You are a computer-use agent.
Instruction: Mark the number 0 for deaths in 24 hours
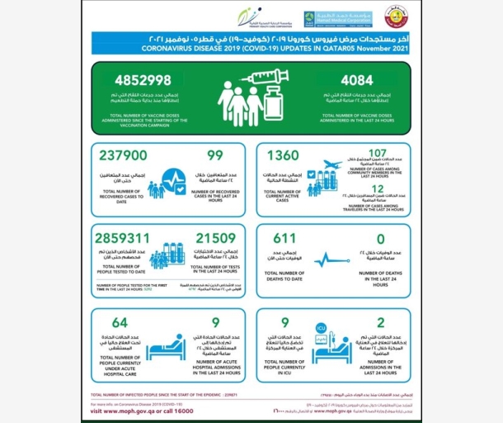pyautogui.click(x=382, y=237)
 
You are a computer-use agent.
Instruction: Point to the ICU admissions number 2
pyautogui.click(x=382, y=322)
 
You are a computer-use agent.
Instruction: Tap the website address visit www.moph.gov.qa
pyautogui.click(x=131, y=411)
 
